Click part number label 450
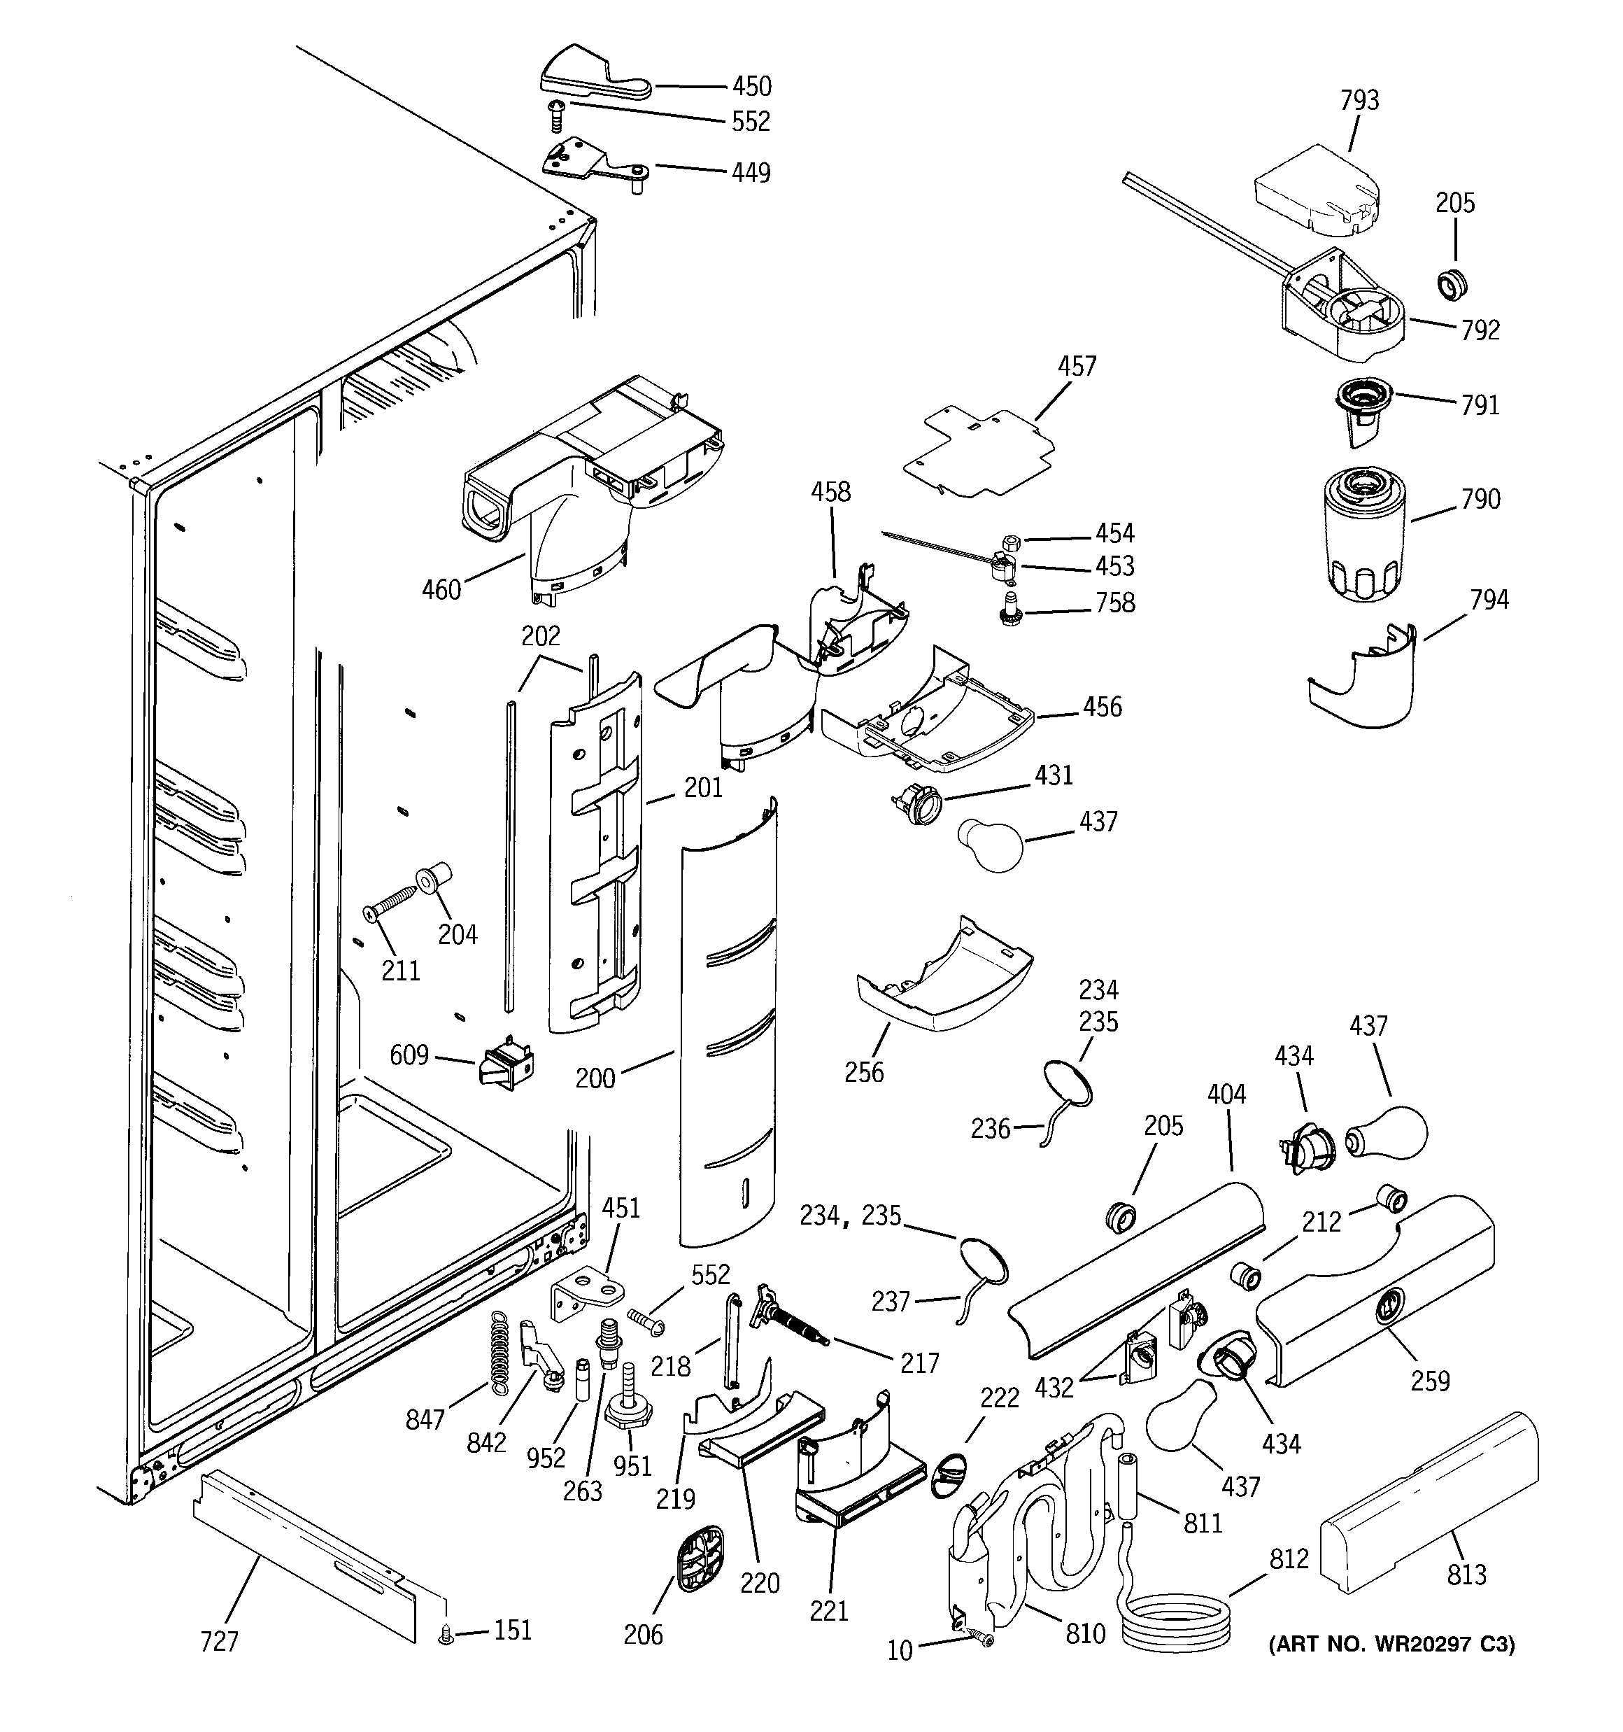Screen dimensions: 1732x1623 point(751,86)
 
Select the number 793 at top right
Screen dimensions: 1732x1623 point(1359,101)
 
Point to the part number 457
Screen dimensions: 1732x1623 point(1077,366)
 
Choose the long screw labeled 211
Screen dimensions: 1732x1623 point(392,903)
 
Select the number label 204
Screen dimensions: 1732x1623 point(458,935)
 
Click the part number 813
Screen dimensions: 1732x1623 point(1466,1575)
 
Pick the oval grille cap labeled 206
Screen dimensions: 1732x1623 point(701,1558)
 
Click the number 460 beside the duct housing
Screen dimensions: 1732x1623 point(441,590)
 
